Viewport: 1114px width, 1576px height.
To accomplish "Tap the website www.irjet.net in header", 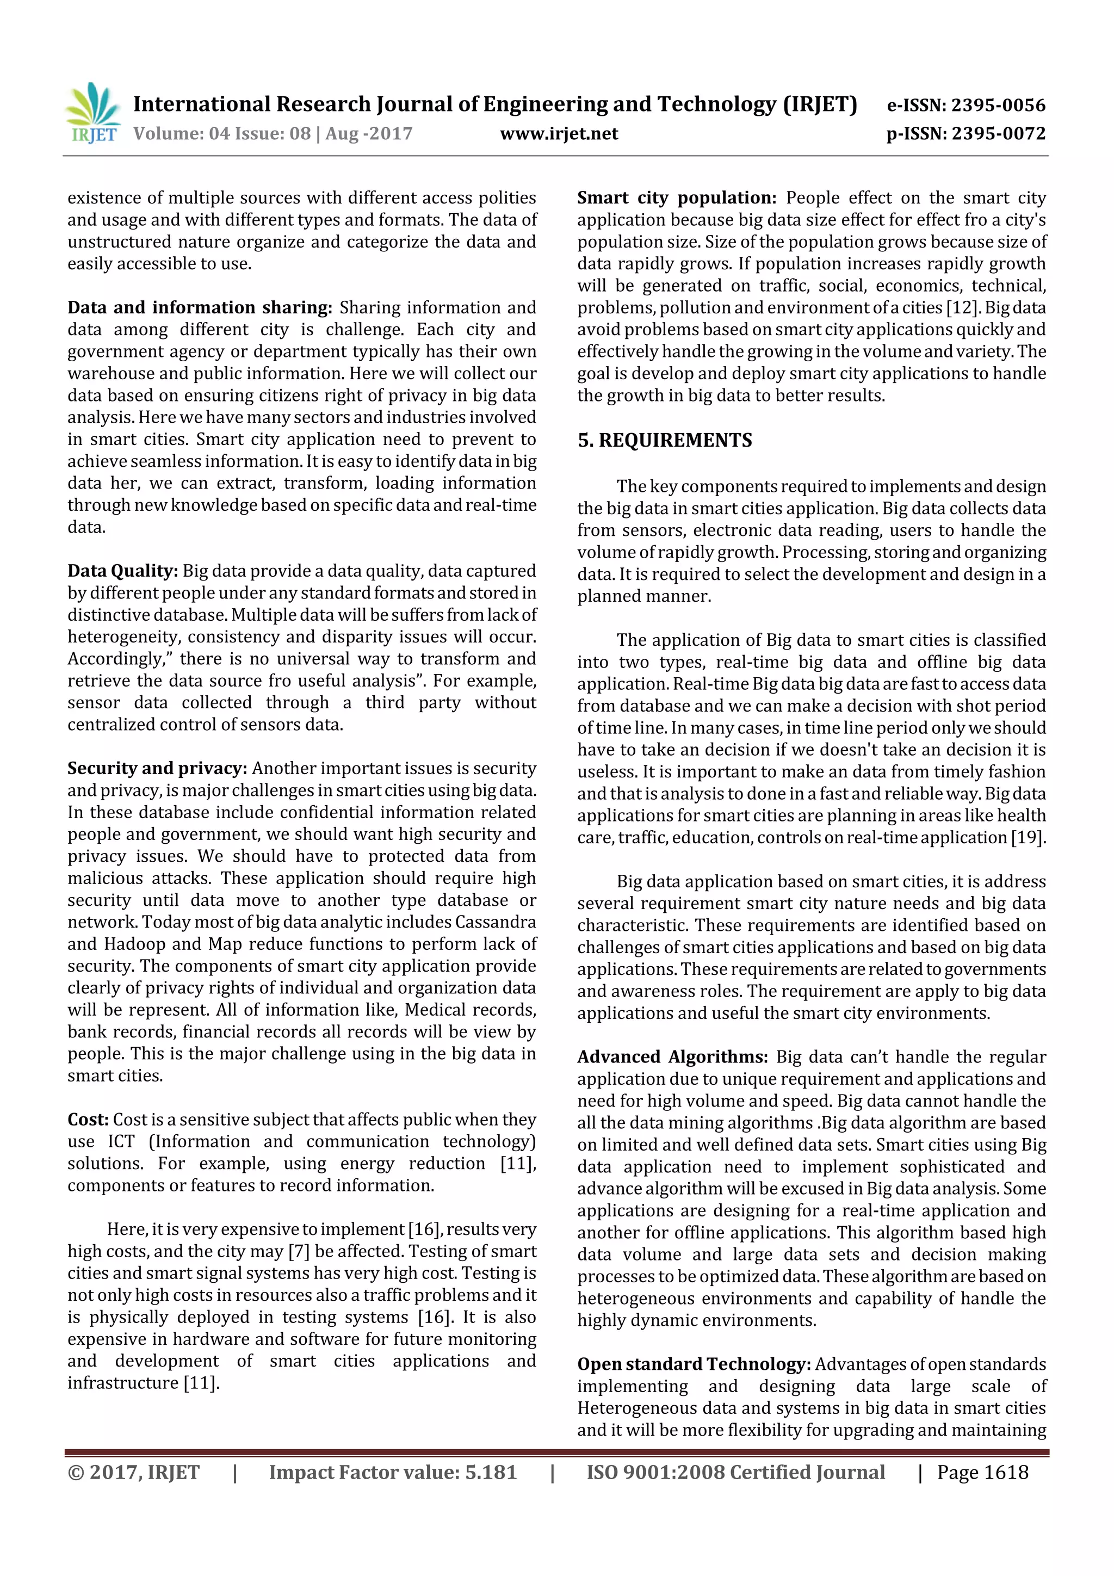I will coord(559,134).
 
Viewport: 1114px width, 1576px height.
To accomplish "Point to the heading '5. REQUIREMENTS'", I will coord(664,440).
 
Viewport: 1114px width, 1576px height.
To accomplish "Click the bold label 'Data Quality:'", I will coord(122,571).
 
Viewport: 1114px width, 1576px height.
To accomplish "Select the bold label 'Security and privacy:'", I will coord(157,768).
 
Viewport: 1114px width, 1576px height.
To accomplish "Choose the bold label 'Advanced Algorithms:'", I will coord(672,1056).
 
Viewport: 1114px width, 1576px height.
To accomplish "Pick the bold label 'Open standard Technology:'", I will coord(694,1364).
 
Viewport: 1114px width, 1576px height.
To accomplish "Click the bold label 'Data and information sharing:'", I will coord(199,307).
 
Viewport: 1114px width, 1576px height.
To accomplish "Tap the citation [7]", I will coord(299,1251).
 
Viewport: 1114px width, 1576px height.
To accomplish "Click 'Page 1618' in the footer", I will coord(982,1472).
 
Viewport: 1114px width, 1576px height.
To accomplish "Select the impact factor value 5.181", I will coord(490,1472).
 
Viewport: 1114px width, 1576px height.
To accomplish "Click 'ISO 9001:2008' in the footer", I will coord(655,1472).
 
